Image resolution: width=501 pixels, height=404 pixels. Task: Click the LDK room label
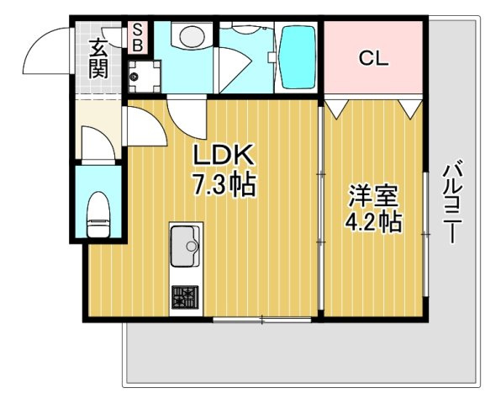click(x=224, y=156)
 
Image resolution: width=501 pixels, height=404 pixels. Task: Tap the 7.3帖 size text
click(x=224, y=184)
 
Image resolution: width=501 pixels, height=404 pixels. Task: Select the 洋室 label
click(x=373, y=196)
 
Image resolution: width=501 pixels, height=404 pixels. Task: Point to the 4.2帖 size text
click(x=373, y=222)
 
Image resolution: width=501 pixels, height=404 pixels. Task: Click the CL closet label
click(x=373, y=59)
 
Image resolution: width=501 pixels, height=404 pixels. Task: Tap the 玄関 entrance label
click(x=98, y=59)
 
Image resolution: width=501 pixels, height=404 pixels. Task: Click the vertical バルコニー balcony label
click(x=453, y=203)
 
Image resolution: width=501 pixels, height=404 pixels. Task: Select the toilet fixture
click(x=98, y=215)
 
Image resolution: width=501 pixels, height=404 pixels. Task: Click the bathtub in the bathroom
click(x=298, y=57)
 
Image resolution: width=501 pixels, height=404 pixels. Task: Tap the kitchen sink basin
click(x=185, y=246)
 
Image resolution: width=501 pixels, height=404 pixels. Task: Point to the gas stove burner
click(x=185, y=297)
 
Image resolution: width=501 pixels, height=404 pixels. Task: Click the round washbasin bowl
click(x=192, y=36)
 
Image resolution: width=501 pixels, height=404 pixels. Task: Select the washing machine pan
click(x=145, y=77)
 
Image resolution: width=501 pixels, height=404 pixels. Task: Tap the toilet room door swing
click(x=98, y=143)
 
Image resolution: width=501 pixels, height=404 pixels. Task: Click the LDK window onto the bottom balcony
click(x=261, y=319)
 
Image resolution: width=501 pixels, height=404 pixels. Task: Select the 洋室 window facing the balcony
click(x=425, y=235)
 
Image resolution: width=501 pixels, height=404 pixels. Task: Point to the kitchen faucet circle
click(x=192, y=246)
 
